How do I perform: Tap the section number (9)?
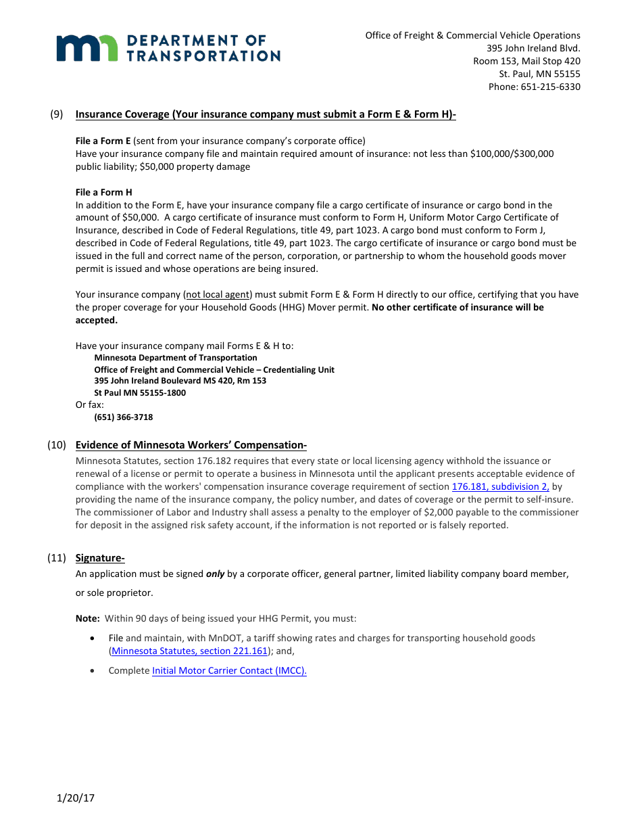coord(57,114)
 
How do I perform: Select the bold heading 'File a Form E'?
coord(103,141)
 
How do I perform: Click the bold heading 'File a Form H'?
coord(103,192)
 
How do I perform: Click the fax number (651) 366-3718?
coord(123,417)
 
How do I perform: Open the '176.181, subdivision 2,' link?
coord(500,486)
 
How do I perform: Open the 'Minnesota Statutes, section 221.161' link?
coord(190,651)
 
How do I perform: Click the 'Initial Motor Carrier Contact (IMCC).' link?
coord(229,670)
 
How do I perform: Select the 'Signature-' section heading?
coord(100,558)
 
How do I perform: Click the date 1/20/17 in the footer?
coord(76,798)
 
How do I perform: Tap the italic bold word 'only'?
coord(215,574)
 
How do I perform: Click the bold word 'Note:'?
coord(88,618)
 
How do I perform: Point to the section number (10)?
coord(57,445)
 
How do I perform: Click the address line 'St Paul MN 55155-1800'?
coord(140,393)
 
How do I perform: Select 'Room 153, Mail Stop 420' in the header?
coord(526,61)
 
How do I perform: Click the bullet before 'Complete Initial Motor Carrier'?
coord(92,670)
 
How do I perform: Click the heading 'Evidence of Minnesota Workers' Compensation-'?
coord(191,445)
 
